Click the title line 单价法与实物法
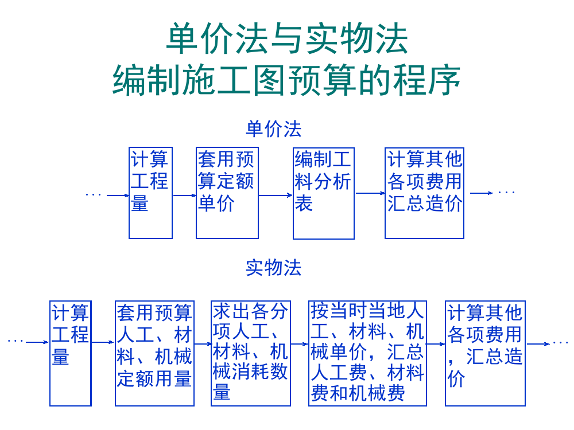pyautogui.click(x=287, y=39)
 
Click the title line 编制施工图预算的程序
pyautogui.click(x=287, y=81)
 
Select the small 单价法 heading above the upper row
pyautogui.click(x=274, y=129)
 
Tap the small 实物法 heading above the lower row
pyautogui.click(x=274, y=267)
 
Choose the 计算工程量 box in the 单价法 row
pyautogui.click(x=150, y=193)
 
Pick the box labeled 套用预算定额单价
pyautogui.click(x=227, y=193)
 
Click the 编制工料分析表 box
pyautogui.click(x=324, y=193)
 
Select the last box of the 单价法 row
pyautogui.click(x=424, y=193)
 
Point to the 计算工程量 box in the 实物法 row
pyautogui.click(x=70, y=353)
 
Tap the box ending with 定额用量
pyautogui.click(x=154, y=353)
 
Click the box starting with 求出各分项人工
pyautogui.click(x=251, y=353)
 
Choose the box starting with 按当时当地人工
pyautogui.click(x=367, y=353)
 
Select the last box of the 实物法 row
pyautogui.click(x=486, y=353)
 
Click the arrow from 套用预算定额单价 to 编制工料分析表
pyautogui.click(x=276, y=196)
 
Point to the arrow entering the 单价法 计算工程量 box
pyautogui.click(x=118, y=196)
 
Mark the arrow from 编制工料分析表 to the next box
pyautogui.click(x=370, y=193)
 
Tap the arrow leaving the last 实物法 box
pyautogui.click(x=538, y=344)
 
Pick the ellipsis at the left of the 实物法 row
pyautogui.click(x=15, y=342)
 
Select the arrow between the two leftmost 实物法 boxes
pyautogui.click(x=103, y=343)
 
